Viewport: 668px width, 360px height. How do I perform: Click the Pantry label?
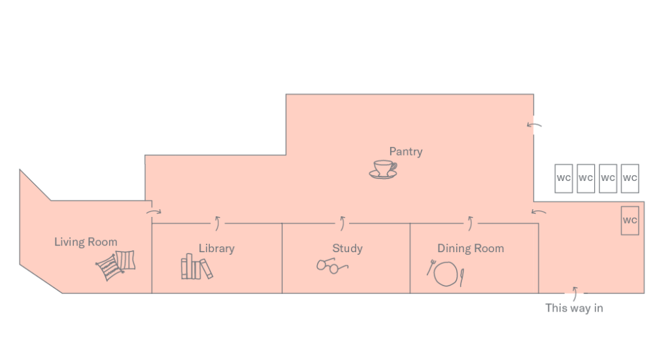pyautogui.click(x=405, y=152)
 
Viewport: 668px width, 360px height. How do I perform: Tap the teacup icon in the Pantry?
pyautogui.click(x=383, y=170)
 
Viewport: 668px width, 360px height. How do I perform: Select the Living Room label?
pyautogui.click(x=86, y=242)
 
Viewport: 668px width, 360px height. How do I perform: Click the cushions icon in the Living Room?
pyautogui.click(x=116, y=265)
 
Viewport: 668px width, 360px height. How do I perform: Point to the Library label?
pyautogui.click(x=216, y=248)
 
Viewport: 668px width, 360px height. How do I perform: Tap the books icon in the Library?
pyautogui.click(x=197, y=267)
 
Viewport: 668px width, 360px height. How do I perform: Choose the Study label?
pyautogui.click(x=347, y=248)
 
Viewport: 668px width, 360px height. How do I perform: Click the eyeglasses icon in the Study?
pyautogui.click(x=332, y=266)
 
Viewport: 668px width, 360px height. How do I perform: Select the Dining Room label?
pyautogui.click(x=471, y=248)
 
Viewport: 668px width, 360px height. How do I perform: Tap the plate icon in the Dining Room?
pyautogui.click(x=446, y=274)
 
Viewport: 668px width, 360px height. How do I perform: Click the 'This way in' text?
pyautogui.click(x=574, y=308)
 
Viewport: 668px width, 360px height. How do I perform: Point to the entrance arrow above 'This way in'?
pyautogui.click(x=575, y=294)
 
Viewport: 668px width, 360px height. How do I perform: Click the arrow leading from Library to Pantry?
pyautogui.click(x=218, y=223)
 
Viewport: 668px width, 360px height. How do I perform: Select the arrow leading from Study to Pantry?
pyautogui.click(x=342, y=223)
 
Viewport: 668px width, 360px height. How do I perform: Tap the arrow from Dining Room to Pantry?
pyautogui.click(x=471, y=223)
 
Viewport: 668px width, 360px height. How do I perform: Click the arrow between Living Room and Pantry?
pyautogui.click(x=154, y=211)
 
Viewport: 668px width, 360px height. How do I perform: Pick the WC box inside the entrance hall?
pyautogui.click(x=629, y=221)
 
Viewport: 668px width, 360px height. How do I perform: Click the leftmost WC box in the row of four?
pyautogui.click(x=563, y=178)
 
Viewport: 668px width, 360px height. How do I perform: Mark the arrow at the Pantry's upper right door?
pyautogui.click(x=534, y=125)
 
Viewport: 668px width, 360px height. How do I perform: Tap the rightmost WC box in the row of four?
pyautogui.click(x=629, y=178)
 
